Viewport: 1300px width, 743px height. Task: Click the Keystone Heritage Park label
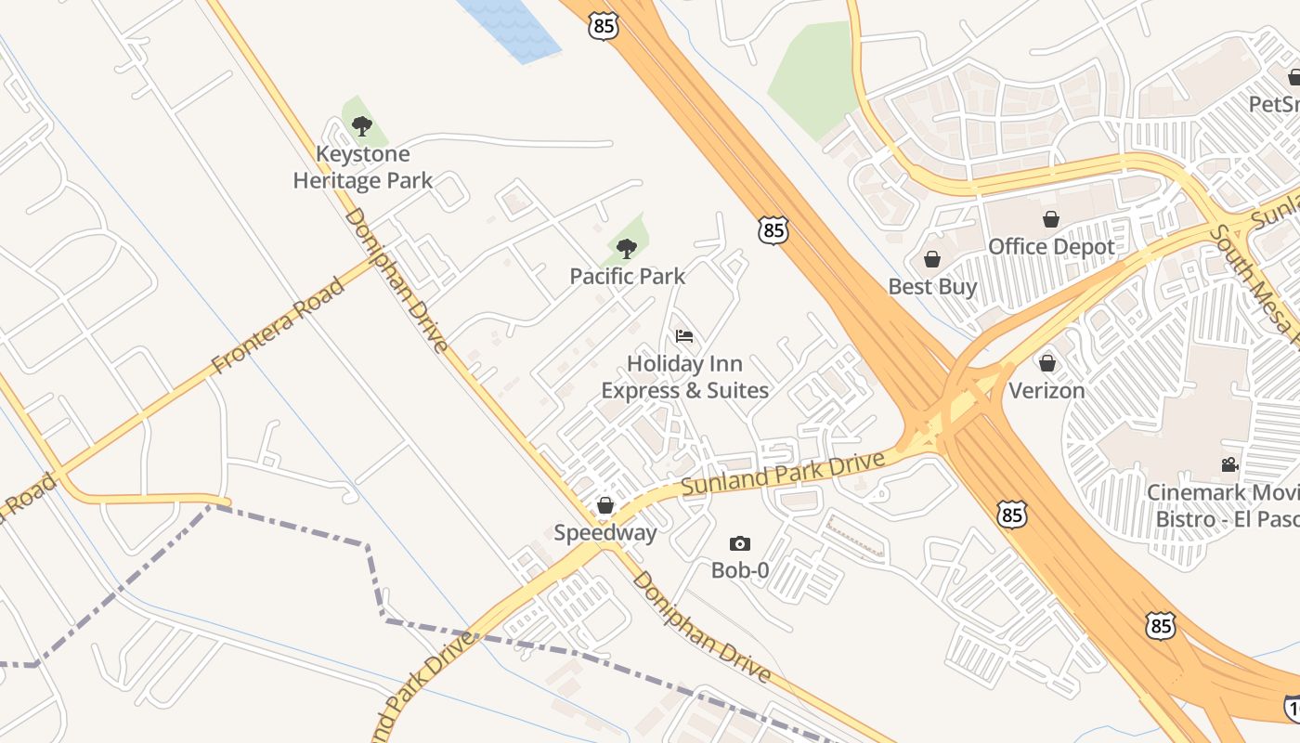362,167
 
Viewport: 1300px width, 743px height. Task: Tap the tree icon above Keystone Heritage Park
362,125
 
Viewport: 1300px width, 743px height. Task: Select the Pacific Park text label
628,276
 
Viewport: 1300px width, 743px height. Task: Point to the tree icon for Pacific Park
627,248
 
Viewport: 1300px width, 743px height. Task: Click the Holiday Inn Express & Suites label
684,377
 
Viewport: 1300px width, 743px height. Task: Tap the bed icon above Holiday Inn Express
684,335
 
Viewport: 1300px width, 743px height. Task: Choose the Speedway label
605,533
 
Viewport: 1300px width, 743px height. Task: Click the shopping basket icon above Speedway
605,505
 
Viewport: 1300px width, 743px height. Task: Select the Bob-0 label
740,570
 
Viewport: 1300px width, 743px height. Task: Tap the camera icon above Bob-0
740,543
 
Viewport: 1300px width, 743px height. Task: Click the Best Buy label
932,287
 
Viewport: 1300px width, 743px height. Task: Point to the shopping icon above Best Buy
932,259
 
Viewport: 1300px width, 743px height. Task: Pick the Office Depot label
1051,247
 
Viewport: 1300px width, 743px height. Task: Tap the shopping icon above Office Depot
1051,219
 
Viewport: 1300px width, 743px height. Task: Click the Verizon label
1046,390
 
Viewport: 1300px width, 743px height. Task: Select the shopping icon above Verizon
1047,362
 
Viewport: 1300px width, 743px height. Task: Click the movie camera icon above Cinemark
1230,464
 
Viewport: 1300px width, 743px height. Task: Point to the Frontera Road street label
278,325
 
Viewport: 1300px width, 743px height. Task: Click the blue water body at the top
511,28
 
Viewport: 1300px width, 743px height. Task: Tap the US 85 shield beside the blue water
604,26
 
